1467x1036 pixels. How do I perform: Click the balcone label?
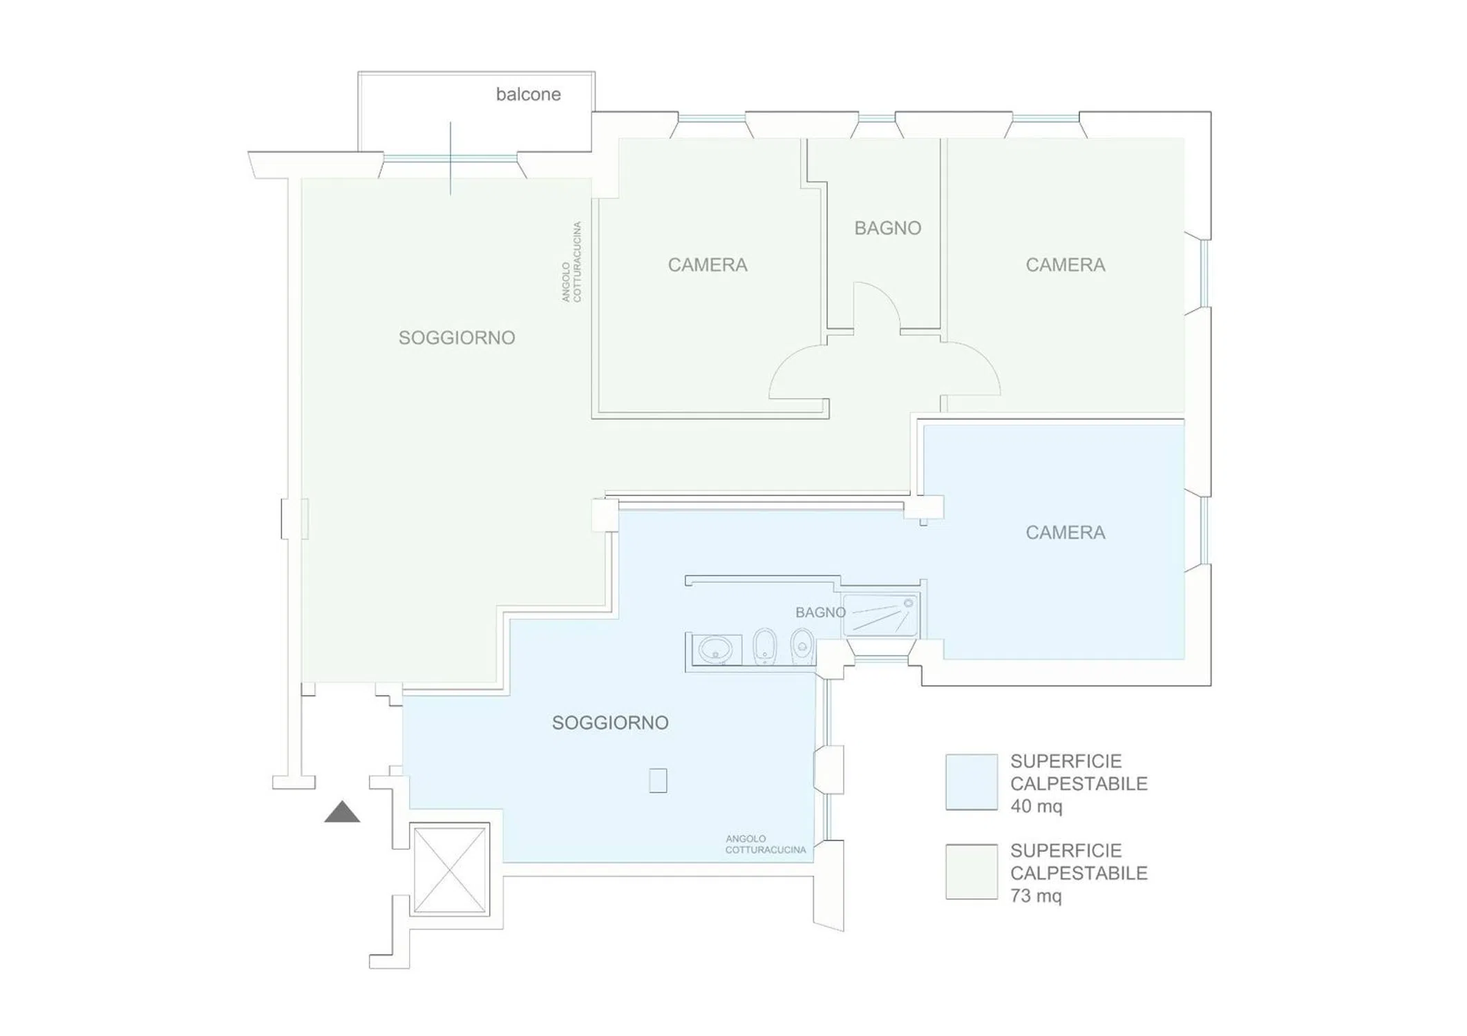coord(528,94)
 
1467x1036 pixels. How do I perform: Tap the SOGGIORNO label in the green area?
coord(457,338)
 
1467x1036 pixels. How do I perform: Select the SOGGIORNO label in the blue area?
coord(610,722)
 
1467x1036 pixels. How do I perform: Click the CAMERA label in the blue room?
coord(1065,533)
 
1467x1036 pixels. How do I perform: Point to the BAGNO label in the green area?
coord(888,228)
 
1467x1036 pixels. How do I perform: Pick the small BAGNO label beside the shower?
coord(820,613)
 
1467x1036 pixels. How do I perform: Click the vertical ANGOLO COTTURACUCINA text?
coord(571,262)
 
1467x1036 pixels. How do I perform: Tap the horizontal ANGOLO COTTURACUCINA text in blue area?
coord(766,844)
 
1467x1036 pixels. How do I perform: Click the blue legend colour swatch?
coord(972,781)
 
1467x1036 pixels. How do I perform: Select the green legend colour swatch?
coord(972,872)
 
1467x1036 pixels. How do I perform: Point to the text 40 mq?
coord(1036,806)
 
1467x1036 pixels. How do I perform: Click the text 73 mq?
coord(1036,896)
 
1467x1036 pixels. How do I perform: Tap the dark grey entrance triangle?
coord(342,813)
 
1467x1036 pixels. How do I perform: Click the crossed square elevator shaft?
coord(450,869)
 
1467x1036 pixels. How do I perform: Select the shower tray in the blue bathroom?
coord(881,615)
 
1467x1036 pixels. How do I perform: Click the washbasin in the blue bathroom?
coord(716,649)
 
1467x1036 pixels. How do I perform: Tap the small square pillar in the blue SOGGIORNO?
coord(658,780)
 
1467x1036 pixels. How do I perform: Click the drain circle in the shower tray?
coord(909,603)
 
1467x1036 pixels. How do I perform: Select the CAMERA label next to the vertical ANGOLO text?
coord(708,265)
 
